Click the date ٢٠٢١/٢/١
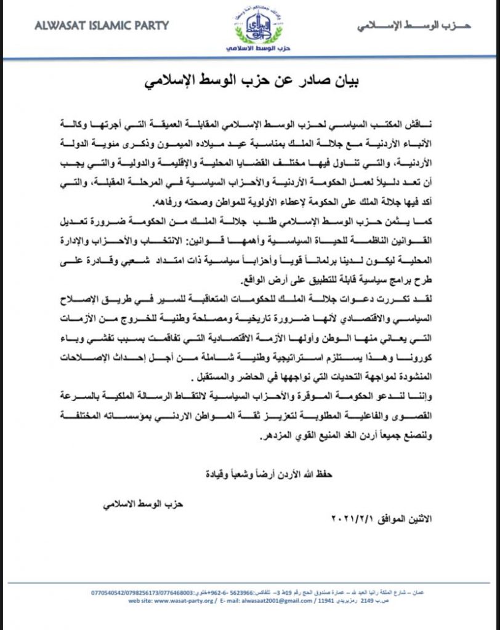354,519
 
